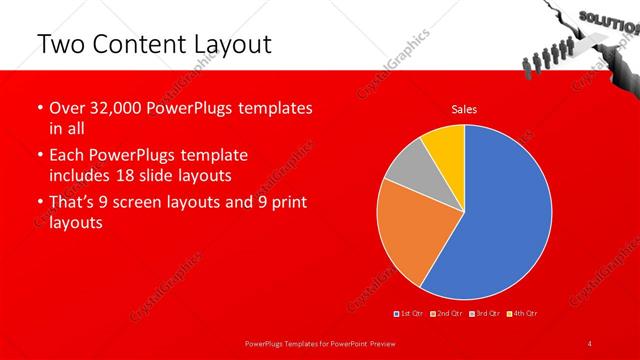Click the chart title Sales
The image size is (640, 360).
click(464, 109)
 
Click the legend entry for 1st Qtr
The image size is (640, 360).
click(410, 314)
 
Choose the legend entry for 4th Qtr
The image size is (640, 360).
click(523, 314)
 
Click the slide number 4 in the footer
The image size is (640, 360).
click(590, 344)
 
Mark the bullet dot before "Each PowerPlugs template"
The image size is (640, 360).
click(39, 156)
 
